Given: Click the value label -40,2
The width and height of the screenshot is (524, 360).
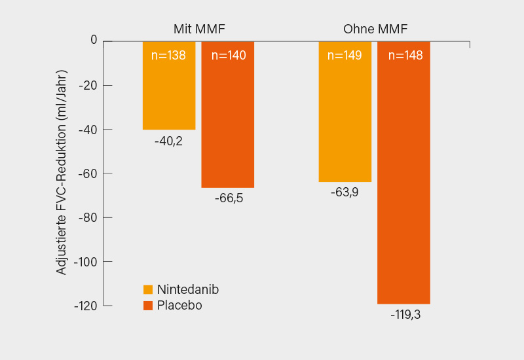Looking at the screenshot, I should (168, 141).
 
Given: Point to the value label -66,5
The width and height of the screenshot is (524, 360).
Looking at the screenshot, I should (229, 198).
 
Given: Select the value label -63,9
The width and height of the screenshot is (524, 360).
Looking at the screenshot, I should (345, 192).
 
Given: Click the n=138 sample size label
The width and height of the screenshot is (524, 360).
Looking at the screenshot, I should (168, 56).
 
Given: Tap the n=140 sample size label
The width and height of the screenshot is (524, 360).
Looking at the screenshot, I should (229, 56).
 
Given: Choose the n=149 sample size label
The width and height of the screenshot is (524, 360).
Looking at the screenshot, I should (345, 56).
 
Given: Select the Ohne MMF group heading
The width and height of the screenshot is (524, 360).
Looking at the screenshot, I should (375, 29).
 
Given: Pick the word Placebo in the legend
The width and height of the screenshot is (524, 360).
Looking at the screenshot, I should (179, 305).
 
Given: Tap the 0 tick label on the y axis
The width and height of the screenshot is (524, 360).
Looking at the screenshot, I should (93, 41).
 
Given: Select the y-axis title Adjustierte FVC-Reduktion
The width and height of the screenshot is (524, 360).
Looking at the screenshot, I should (62, 172).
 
